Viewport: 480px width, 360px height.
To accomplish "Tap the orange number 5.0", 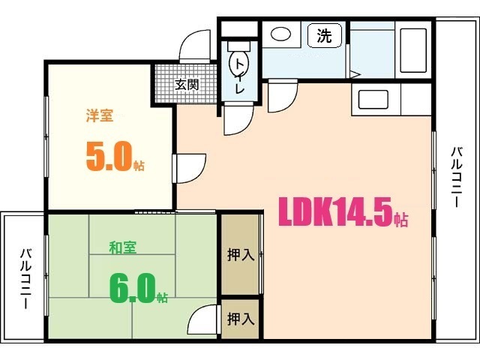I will (109, 156).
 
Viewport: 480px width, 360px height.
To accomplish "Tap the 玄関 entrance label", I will (187, 85).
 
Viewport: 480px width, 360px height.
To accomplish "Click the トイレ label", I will (240, 75).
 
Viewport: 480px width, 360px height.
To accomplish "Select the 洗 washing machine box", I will (324, 35).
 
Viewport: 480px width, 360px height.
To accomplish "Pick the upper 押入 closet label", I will (240, 255).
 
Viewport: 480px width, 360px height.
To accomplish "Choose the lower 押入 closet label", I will (240, 319).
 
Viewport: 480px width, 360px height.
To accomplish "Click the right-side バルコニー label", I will (455, 178).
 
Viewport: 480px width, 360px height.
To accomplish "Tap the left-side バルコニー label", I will (24, 278).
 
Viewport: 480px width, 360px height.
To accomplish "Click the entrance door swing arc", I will (196, 45).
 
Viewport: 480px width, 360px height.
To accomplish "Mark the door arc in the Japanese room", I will (200, 321).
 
